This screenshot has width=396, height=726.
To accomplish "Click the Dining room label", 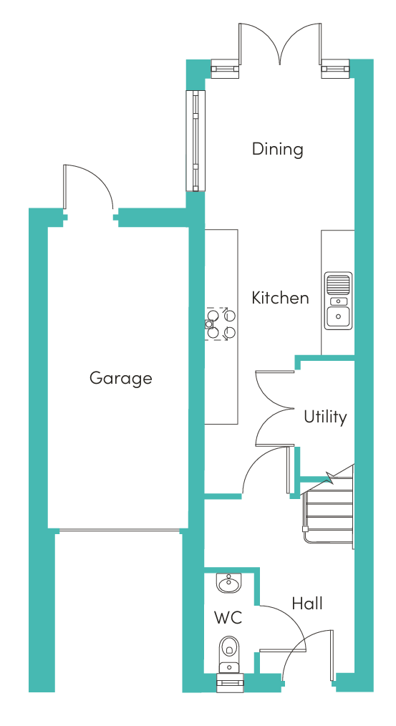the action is coord(277,150).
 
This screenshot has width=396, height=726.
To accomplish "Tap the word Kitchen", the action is coord(280,297).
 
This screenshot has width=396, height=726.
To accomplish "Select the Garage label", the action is coord(120,379).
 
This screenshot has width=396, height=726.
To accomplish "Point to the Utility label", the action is coord(325,417).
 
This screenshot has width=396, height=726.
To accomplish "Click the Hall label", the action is coord(307,604).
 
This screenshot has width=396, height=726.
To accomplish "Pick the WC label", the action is coord(228,617).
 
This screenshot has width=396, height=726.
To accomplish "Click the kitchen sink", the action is coord(338,301).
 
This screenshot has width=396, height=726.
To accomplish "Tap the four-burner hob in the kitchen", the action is coord(221,324).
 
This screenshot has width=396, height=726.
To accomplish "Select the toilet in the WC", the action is coord(229,653).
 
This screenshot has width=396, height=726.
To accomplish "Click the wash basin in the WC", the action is coord(229,583).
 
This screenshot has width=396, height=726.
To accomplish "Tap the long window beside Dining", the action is coord(195,141).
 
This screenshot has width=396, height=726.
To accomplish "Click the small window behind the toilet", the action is coord(230,682).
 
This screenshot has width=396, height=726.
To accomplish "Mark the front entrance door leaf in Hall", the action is coord(332,655).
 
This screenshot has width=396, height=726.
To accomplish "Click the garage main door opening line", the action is coord(120,531).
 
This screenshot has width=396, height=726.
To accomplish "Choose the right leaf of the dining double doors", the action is coord(319,44).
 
